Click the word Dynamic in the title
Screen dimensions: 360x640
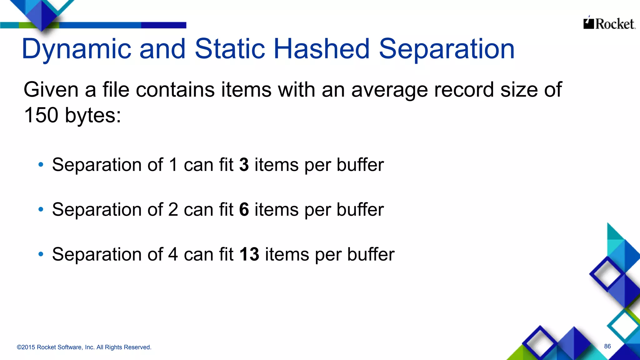[x=76, y=49]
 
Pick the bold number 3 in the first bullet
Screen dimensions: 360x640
[x=244, y=165]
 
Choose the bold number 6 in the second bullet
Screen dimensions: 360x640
[x=244, y=209]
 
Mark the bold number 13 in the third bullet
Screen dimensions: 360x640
[x=249, y=254]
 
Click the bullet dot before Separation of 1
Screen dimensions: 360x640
[x=41, y=165]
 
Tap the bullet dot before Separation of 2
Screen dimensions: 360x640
[x=41, y=209]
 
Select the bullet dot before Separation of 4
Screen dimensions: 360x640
[x=41, y=254]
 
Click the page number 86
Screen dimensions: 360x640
[x=607, y=346]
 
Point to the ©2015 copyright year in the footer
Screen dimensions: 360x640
[x=26, y=347]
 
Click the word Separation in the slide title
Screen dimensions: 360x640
[x=447, y=49]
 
